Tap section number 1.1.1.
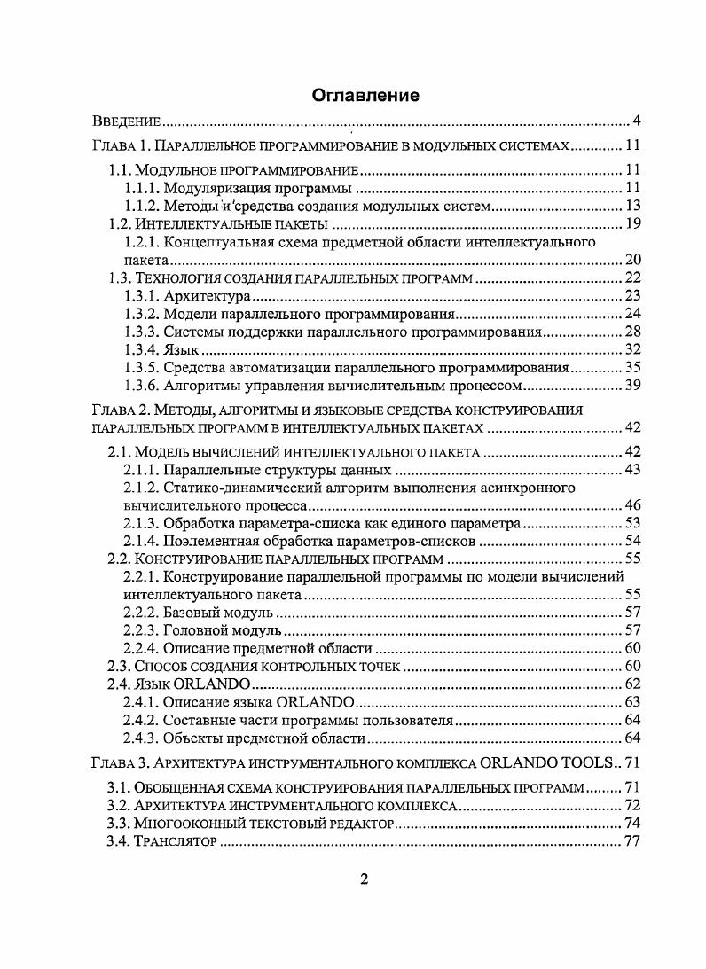click(x=143, y=188)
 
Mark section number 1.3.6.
click(x=143, y=386)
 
